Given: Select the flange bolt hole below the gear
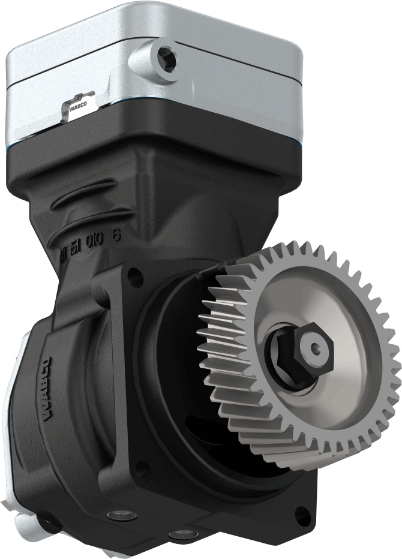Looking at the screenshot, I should (x=304, y=513).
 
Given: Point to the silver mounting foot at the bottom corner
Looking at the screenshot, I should (x=24, y=528).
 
